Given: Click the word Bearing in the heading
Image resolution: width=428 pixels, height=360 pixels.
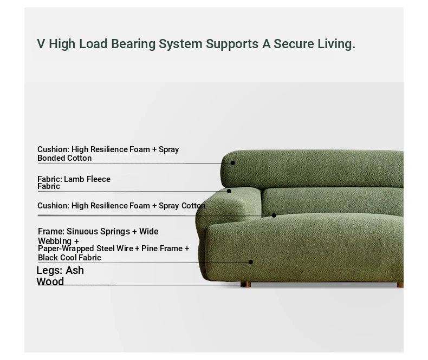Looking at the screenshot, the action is pyautogui.click(x=133, y=44).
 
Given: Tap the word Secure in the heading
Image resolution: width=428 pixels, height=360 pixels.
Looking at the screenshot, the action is pyautogui.click(x=294, y=44).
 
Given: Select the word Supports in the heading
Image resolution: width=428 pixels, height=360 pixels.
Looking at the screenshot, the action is pyautogui.click(x=232, y=44).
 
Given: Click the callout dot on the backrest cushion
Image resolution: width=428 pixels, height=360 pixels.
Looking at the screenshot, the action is pyautogui.click(x=232, y=163).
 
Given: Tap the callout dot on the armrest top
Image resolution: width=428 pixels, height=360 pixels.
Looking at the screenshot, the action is pyautogui.click(x=229, y=191).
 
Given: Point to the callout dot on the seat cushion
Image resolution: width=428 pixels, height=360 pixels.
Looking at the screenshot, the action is pyautogui.click(x=274, y=215).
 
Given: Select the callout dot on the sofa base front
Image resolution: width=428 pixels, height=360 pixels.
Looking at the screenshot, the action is pyautogui.click(x=251, y=262).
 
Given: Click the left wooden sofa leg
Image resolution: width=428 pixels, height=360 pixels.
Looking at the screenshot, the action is pyautogui.click(x=245, y=284).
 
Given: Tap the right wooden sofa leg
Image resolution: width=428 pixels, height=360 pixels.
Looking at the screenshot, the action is pyautogui.click(x=400, y=285).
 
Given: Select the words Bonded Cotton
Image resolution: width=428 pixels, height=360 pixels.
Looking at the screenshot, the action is pyautogui.click(x=64, y=158).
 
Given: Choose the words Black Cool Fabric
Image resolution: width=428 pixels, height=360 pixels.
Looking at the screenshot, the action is pyautogui.click(x=69, y=258).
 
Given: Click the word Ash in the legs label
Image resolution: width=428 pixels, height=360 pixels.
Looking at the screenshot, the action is pyautogui.click(x=75, y=271).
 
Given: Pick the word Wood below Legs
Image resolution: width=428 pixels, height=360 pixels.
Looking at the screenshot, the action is pyautogui.click(x=50, y=282).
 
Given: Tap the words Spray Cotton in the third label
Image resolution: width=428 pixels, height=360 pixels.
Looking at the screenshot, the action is pyautogui.click(x=182, y=206).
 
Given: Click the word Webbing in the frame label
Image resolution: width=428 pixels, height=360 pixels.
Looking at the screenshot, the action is pyautogui.click(x=55, y=241).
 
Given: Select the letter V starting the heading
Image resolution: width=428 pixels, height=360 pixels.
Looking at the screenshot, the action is pyautogui.click(x=41, y=44).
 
